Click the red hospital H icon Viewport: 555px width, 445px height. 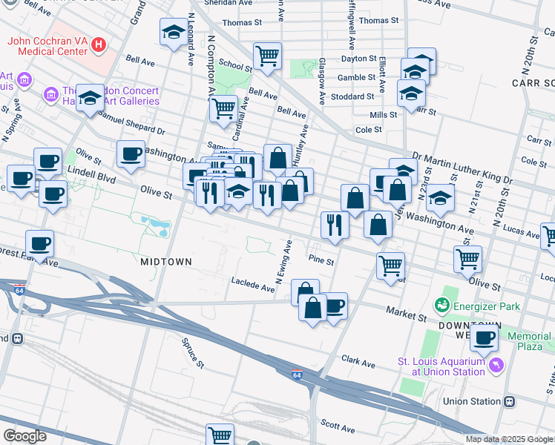pos(99,45)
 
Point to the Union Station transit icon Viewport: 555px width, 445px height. pos(509,401)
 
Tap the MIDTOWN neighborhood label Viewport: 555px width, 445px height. pos(166,262)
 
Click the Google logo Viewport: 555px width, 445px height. pos(24,435)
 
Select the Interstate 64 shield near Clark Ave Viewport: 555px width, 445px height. pos(297,373)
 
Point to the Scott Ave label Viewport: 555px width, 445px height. pos(338,426)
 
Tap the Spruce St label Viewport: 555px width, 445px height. pos(193,353)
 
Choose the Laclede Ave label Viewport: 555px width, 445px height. pos(248,283)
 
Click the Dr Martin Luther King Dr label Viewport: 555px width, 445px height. pos(462,168)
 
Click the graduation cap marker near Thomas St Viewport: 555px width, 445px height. pos(174,32)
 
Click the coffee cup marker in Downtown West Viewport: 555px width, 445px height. pos(485,337)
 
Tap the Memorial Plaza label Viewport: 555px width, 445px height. pos(529,341)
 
